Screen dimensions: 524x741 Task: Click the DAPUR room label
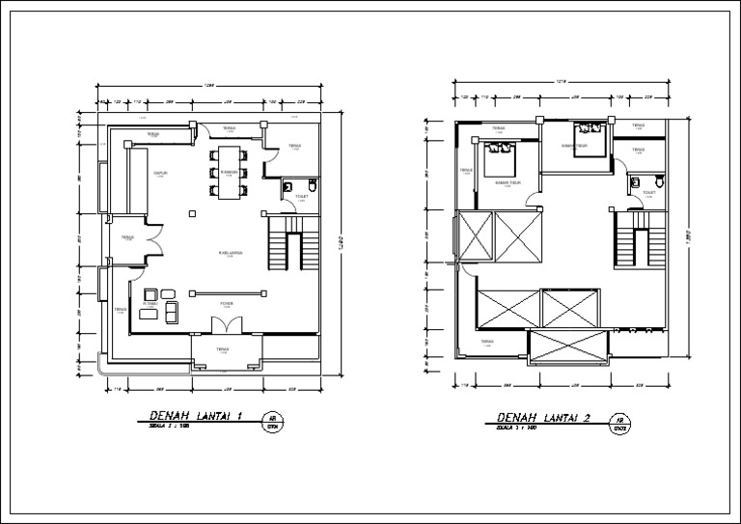pos(161,174)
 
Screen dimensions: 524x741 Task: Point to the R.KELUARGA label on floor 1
pos(230,253)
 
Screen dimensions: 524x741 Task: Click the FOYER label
pos(226,304)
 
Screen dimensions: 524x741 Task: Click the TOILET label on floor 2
pos(648,193)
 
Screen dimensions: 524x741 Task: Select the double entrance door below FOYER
pos(226,331)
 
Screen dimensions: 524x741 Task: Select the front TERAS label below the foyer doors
pos(223,349)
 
